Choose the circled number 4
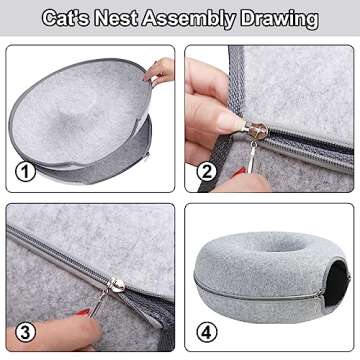click(206, 330)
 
